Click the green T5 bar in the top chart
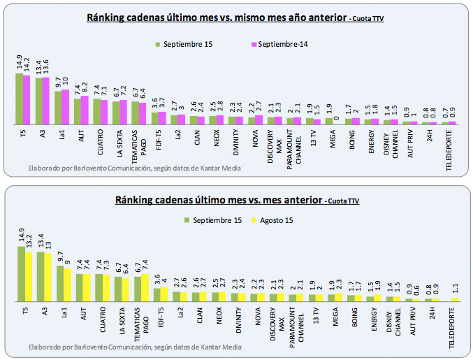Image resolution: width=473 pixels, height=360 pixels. point(19,99)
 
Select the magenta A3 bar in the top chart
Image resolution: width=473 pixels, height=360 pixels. point(46,101)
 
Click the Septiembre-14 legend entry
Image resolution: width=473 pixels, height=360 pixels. point(277,45)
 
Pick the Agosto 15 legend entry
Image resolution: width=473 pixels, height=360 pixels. point(279,220)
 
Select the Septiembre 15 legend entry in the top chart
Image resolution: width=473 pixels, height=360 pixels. point(184,45)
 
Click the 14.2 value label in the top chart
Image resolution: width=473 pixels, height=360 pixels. point(27,65)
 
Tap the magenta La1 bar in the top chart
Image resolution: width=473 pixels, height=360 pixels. point(66,107)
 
